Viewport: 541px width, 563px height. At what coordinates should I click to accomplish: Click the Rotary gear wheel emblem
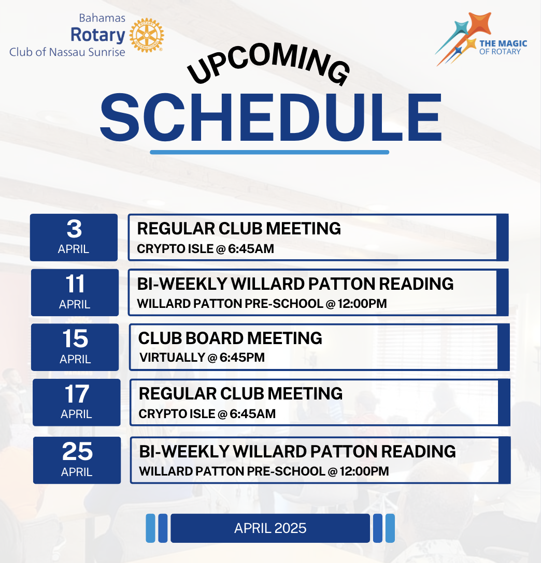tap(146, 35)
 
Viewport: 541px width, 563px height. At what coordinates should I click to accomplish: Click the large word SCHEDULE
tap(270, 118)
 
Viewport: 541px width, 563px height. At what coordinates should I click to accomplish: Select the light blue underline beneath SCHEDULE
tap(269, 152)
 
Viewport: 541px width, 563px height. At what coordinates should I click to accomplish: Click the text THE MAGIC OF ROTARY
tap(503, 48)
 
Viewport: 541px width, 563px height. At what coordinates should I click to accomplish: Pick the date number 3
tap(74, 229)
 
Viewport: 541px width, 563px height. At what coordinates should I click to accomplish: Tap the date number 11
tap(75, 284)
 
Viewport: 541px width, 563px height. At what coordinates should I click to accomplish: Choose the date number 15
tap(75, 338)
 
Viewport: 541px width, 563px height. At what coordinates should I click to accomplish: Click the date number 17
tap(77, 394)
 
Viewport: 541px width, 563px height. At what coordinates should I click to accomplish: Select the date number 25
tap(77, 451)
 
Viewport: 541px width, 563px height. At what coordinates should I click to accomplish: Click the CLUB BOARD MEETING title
tap(230, 338)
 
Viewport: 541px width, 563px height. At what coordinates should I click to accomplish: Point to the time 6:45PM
tap(242, 357)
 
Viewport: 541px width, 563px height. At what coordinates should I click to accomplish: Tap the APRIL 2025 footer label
tap(270, 528)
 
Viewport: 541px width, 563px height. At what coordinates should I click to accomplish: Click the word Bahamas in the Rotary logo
tap(102, 18)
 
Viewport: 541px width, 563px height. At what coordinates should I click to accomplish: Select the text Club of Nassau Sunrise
tap(67, 52)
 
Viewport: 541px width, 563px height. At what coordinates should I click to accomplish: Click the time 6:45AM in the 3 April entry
tap(251, 248)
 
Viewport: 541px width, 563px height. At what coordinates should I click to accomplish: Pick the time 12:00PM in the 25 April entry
tap(364, 471)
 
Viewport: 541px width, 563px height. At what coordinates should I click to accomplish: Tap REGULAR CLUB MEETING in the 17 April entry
tap(240, 393)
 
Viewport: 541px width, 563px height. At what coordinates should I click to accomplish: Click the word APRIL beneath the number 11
tap(75, 304)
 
